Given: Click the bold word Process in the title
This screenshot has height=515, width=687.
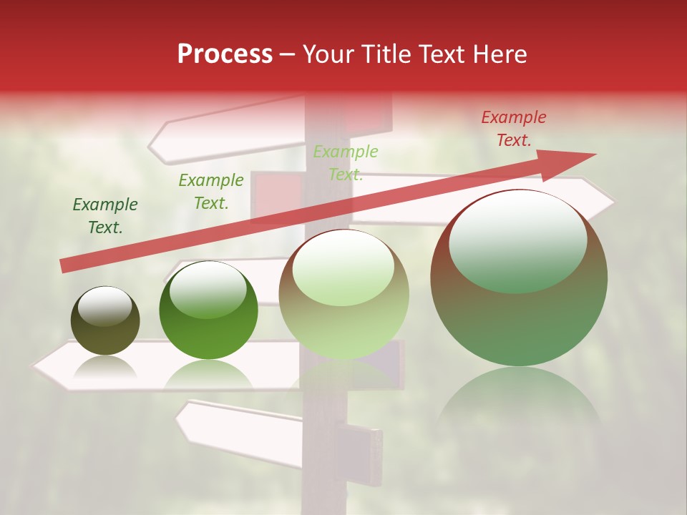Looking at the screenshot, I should (225, 54).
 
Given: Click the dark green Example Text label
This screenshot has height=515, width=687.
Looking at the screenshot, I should (105, 216).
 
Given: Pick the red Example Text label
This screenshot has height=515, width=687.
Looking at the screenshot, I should (513, 129).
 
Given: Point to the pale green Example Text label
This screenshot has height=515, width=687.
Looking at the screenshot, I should (346, 163).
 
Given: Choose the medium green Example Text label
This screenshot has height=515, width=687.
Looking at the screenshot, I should (211, 192).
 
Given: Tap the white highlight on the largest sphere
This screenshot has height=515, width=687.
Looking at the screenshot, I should (517, 240).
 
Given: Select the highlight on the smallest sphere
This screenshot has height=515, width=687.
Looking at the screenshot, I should (104, 306).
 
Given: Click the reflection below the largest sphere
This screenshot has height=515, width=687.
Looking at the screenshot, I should (519, 401).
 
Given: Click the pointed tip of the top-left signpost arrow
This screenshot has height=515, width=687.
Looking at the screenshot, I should (151, 145).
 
